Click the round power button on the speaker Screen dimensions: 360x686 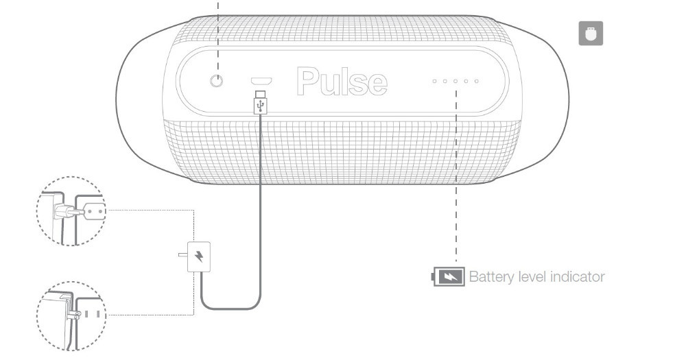[x=216, y=81]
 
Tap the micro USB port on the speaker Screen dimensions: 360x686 [x=261, y=80]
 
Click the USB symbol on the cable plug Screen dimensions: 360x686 [x=261, y=104]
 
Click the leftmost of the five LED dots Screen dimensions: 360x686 [x=434, y=82]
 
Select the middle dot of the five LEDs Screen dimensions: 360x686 [x=456, y=82]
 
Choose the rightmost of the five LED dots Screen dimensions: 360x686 [x=477, y=82]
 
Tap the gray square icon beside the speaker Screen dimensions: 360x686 [x=591, y=34]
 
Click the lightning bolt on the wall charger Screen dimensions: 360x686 [x=199, y=257]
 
